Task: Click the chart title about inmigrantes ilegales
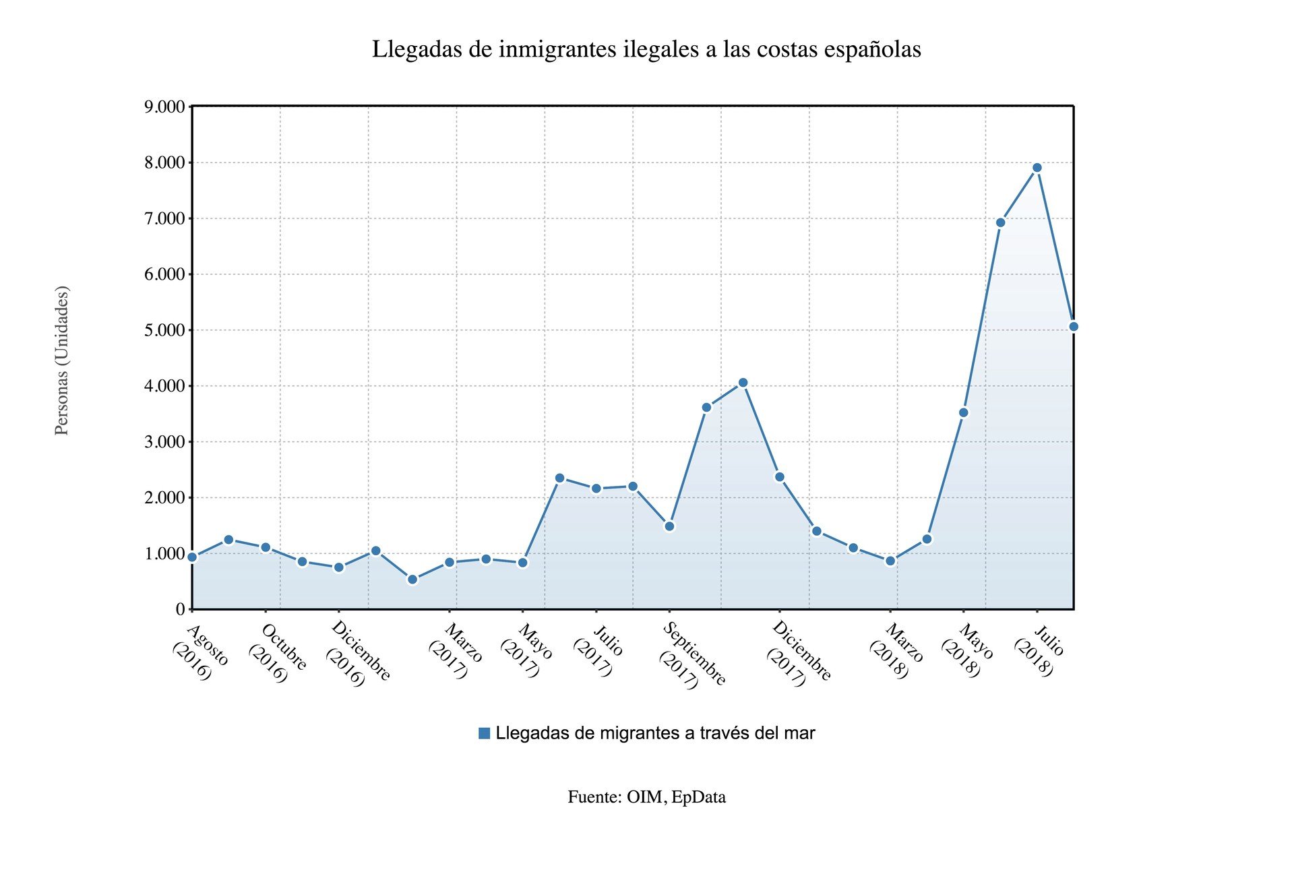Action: click(x=646, y=49)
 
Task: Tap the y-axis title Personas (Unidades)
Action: click(x=61, y=361)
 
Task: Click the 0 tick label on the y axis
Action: click(x=179, y=609)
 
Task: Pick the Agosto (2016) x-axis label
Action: click(x=201, y=652)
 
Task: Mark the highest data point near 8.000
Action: click(x=1037, y=168)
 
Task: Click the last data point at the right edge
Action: click(x=1074, y=327)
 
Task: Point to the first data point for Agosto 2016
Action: click(x=192, y=557)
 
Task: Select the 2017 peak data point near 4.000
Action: click(x=743, y=383)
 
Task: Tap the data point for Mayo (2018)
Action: click(x=964, y=412)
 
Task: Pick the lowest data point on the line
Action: click(x=412, y=580)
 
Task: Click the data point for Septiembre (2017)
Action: click(x=669, y=526)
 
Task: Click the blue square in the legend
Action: click(x=484, y=733)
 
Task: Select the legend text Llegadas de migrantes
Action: click(x=655, y=733)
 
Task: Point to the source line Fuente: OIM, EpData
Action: click(x=646, y=797)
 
